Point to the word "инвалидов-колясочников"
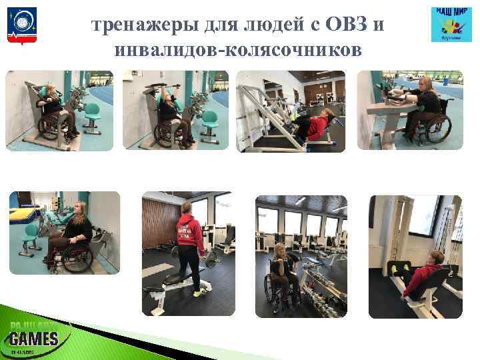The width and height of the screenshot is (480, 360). [238, 51]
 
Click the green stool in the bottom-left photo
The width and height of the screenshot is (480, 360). [31, 235]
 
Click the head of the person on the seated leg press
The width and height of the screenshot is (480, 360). [437, 259]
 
